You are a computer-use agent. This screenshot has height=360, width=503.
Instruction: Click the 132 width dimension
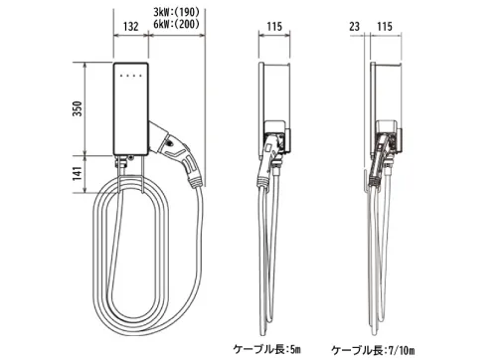tap(131, 26)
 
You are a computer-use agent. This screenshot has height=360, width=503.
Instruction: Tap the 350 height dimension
tap(78, 108)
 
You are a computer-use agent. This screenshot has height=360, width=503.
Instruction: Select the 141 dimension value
tap(78, 173)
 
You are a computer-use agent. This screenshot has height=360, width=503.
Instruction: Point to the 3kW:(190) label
tap(177, 12)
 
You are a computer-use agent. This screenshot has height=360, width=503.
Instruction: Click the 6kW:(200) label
tap(177, 24)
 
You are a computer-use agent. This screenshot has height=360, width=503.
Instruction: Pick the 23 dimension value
tap(354, 26)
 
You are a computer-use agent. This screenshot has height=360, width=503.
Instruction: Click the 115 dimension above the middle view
tap(274, 26)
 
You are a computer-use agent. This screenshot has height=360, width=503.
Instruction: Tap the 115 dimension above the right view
tap(385, 26)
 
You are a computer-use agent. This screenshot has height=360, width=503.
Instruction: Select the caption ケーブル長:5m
tap(267, 349)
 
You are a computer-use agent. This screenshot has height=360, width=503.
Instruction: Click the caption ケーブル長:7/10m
tap(373, 349)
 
